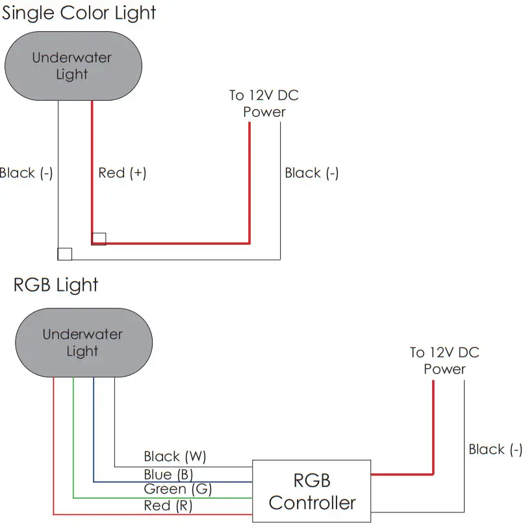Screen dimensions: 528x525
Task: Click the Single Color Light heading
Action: pos(79,12)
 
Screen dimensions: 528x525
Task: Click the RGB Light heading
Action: pos(56,285)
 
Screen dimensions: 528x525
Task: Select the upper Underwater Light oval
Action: pos(73,66)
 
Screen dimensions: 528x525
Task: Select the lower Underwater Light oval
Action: pos(83,343)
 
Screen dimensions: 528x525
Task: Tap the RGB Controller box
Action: pos(312,491)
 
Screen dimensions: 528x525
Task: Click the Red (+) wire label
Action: pos(122,173)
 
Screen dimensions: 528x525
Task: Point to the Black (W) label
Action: pos(175,457)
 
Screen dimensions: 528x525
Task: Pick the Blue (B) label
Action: pos(168,474)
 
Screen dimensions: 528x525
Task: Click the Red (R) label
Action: pos(168,505)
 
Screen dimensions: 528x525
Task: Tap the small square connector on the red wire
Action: pos(99,238)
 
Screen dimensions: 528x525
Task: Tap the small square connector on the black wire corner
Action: pos(64,253)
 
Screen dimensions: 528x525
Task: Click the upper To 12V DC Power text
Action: pos(264,103)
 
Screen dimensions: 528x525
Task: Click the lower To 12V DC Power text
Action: pos(444,360)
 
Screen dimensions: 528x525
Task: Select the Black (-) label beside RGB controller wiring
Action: pos(495,449)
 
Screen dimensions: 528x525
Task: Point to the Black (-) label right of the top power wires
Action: pos(312,173)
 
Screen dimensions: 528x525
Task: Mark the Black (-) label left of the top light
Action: pos(26,173)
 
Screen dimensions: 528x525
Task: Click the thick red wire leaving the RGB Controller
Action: pos(403,474)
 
